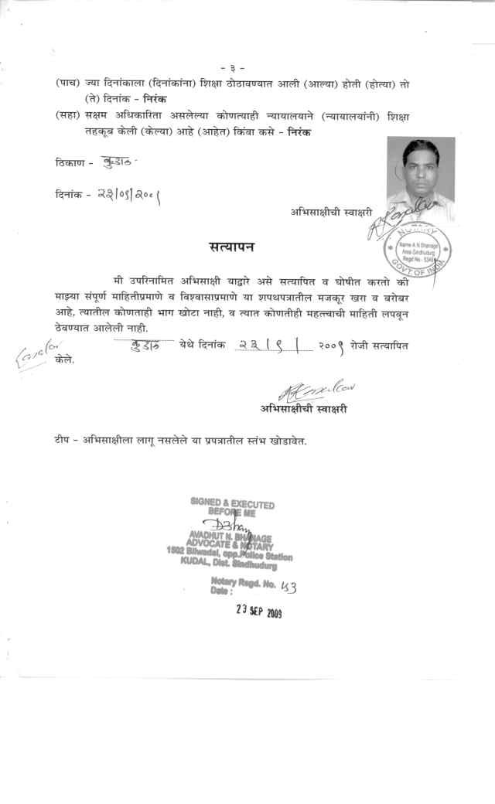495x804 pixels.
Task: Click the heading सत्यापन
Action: point(233,247)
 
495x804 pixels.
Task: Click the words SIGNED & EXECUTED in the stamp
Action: point(232,504)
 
